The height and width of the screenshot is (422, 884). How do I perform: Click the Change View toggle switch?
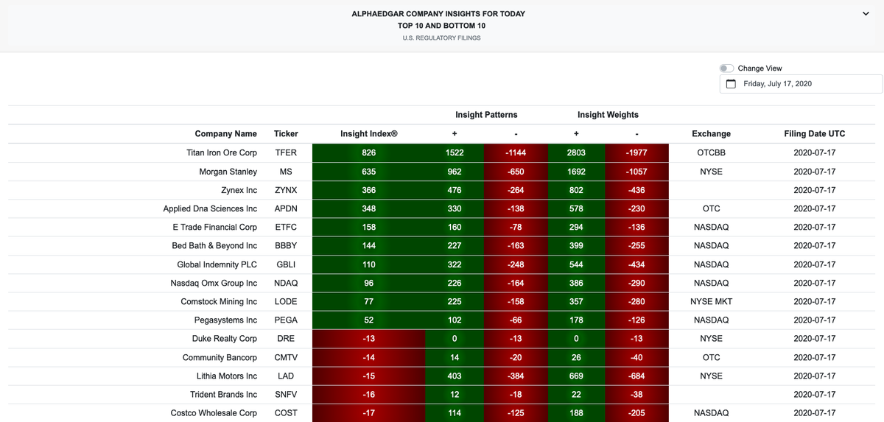[726, 68]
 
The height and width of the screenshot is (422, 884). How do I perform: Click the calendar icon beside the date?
[731, 84]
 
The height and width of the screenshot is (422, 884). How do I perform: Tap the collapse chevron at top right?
[866, 14]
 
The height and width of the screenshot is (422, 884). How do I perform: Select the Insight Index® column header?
[368, 134]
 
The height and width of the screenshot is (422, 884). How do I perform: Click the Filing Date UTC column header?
[814, 134]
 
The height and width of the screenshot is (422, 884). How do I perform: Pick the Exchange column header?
[711, 134]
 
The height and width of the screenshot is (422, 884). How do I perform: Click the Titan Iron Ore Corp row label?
[221, 153]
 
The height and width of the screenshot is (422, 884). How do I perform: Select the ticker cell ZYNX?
[286, 190]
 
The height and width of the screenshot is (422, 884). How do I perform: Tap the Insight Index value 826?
[368, 153]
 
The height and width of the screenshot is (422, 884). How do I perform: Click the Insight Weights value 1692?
[576, 172]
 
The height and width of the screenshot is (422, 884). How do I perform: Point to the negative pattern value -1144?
[516, 153]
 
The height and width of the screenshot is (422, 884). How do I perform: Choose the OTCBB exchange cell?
[711, 153]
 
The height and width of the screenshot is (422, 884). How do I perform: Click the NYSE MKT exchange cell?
[711, 302]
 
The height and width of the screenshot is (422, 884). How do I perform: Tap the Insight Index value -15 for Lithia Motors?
[368, 376]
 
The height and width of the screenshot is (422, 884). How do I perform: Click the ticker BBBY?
[286, 246]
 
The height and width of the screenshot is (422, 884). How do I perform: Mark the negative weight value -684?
[636, 376]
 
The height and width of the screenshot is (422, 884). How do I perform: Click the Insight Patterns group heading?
[486, 115]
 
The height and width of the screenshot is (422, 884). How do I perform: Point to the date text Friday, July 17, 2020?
[777, 84]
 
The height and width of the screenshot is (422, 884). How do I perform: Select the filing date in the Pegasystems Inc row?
[814, 320]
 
